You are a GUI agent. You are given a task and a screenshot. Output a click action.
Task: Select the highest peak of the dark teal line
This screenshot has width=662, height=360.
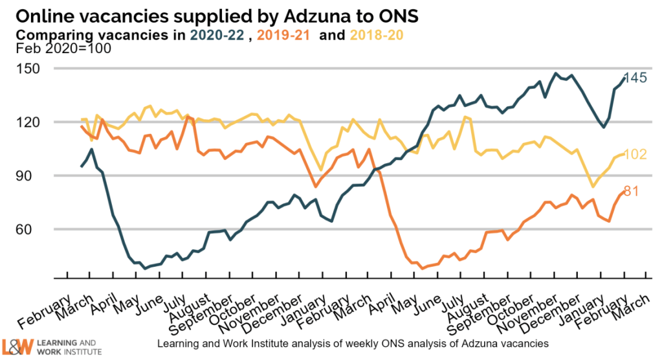point(555,73)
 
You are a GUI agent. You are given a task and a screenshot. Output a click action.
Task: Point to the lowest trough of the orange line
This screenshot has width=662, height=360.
point(422,268)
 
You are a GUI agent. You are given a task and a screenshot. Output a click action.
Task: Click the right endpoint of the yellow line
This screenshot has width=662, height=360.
point(623,154)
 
